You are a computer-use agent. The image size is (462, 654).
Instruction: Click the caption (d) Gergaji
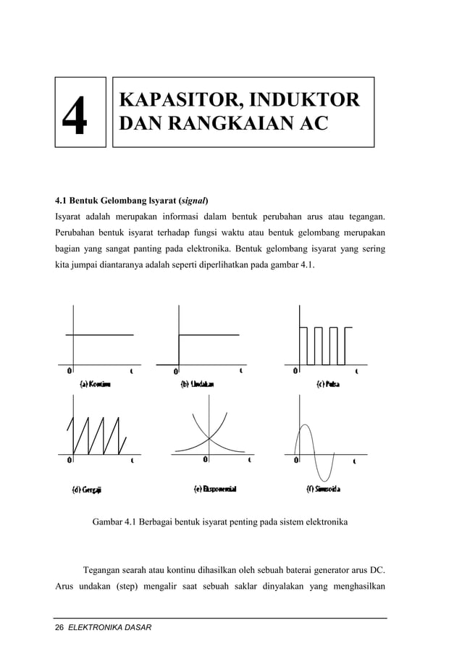86,489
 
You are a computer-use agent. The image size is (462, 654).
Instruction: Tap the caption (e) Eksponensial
215,489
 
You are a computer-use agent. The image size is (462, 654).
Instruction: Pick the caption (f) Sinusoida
324,489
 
